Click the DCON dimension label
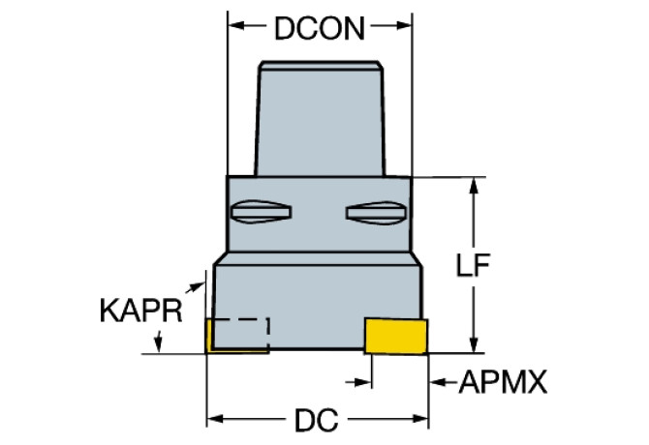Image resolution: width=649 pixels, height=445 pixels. coord(320,28)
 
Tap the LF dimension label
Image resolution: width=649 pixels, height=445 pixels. coord(473,264)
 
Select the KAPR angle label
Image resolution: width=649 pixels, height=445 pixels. coord(141,311)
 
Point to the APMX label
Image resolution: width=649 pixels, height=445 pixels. coord(503,382)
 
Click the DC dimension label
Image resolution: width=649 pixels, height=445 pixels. coord(316,420)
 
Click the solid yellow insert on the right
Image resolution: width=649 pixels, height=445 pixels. coord(396,336)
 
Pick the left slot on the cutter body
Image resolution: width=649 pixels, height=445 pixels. coord(261,212)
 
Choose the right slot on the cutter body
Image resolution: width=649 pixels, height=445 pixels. coord(377,213)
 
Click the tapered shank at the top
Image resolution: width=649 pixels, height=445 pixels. coord(320,119)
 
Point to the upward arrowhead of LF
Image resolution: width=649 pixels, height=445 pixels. coord(474,186)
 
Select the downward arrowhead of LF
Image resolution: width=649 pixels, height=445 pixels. coord(474,345)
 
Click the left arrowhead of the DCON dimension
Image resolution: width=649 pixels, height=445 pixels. coord(236,25)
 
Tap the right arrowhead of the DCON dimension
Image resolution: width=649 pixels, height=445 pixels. coord(404,25)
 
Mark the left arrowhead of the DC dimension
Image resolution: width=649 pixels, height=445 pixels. coord(215,420)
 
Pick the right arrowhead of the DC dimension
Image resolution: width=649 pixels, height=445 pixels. coord(420,420)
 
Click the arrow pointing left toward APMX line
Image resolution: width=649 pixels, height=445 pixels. coord(443,382)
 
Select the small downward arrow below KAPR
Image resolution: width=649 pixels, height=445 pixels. coord(158,341)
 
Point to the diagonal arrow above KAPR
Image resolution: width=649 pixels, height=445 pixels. coord(195,287)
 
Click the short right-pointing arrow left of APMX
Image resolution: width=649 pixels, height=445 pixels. coord(358,382)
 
